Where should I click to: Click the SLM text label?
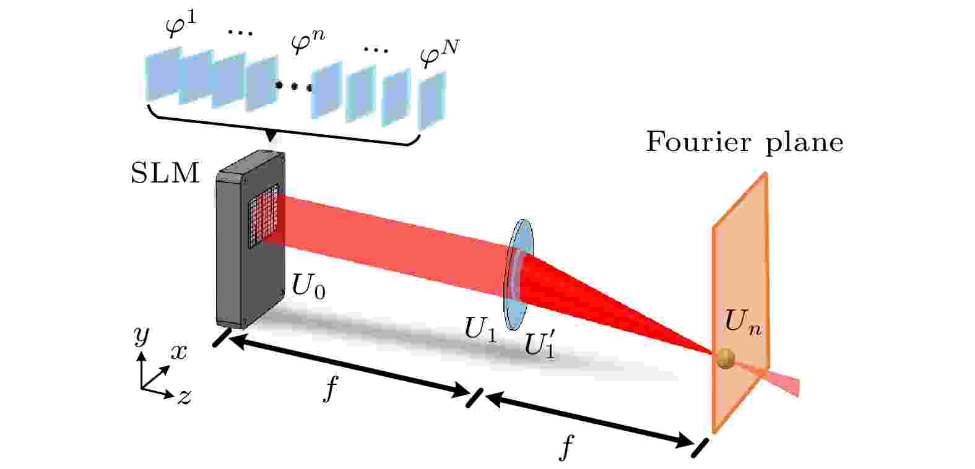pyautogui.click(x=165, y=174)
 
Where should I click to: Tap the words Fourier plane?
pyautogui.click(x=744, y=142)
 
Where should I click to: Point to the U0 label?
pyautogui.click(x=308, y=288)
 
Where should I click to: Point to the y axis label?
pyautogui.click(x=142, y=336)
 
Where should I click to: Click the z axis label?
pyautogui.click(x=184, y=397)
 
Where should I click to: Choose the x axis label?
pyautogui.click(x=178, y=352)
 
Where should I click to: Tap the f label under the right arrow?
pyautogui.click(x=565, y=447)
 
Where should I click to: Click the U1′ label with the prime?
pyautogui.click(x=539, y=345)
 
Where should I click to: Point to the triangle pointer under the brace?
pyautogui.click(x=270, y=135)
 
